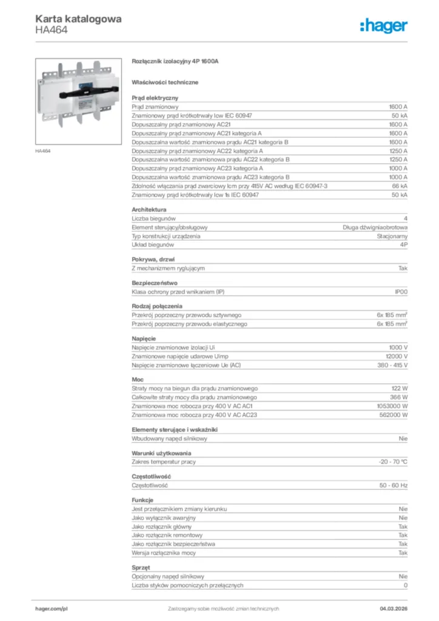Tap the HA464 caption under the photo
pos(42,150)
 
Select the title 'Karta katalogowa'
pos(78,19)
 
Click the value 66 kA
pos(399,186)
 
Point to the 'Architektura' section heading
pos(149,209)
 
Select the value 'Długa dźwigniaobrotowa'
pos(375,227)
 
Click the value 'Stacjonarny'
pos(392,236)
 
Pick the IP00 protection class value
pos(401,292)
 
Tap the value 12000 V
pos(397,356)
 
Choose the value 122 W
pos(399,388)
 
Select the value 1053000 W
pos(392,406)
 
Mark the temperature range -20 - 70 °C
pos(393,462)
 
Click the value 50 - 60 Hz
pos(394,485)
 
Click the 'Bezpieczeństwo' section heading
pos(154,283)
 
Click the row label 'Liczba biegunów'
pos(154,218)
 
